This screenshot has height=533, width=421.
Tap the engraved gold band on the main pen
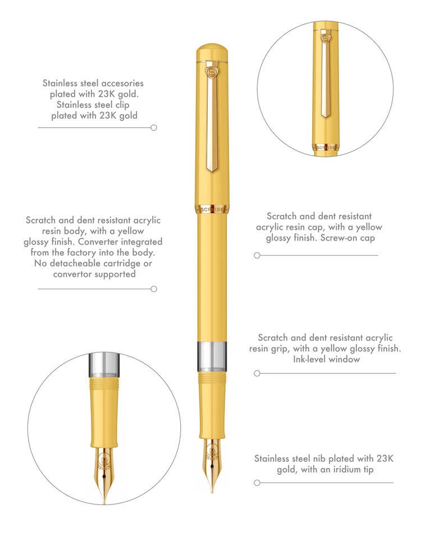point(212,210)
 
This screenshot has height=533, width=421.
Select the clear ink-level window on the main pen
point(212,356)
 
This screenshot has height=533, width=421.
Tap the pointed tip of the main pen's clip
point(212,172)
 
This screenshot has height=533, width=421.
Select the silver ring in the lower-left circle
point(104,364)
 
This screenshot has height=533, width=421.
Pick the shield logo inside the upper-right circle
point(326,38)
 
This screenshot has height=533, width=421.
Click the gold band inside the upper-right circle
point(325,148)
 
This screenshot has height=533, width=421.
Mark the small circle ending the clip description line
point(154,128)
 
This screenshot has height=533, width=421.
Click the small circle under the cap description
point(257,255)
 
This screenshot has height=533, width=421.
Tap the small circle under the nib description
point(257,483)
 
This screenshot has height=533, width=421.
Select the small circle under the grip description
point(257,374)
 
